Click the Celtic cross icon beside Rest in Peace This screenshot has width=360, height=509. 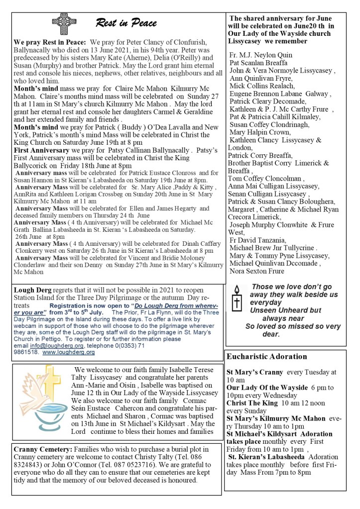click(x=64, y=23)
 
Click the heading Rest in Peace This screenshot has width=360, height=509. click(x=126, y=23)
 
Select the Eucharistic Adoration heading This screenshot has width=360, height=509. click(x=266, y=357)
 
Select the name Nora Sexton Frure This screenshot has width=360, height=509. click(x=257, y=271)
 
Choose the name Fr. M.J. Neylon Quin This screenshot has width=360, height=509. click(x=261, y=55)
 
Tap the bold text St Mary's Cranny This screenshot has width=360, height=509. click(x=255, y=372)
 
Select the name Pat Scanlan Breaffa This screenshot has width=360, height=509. click(x=258, y=63)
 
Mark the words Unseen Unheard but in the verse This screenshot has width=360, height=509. click(x=285, y=310)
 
